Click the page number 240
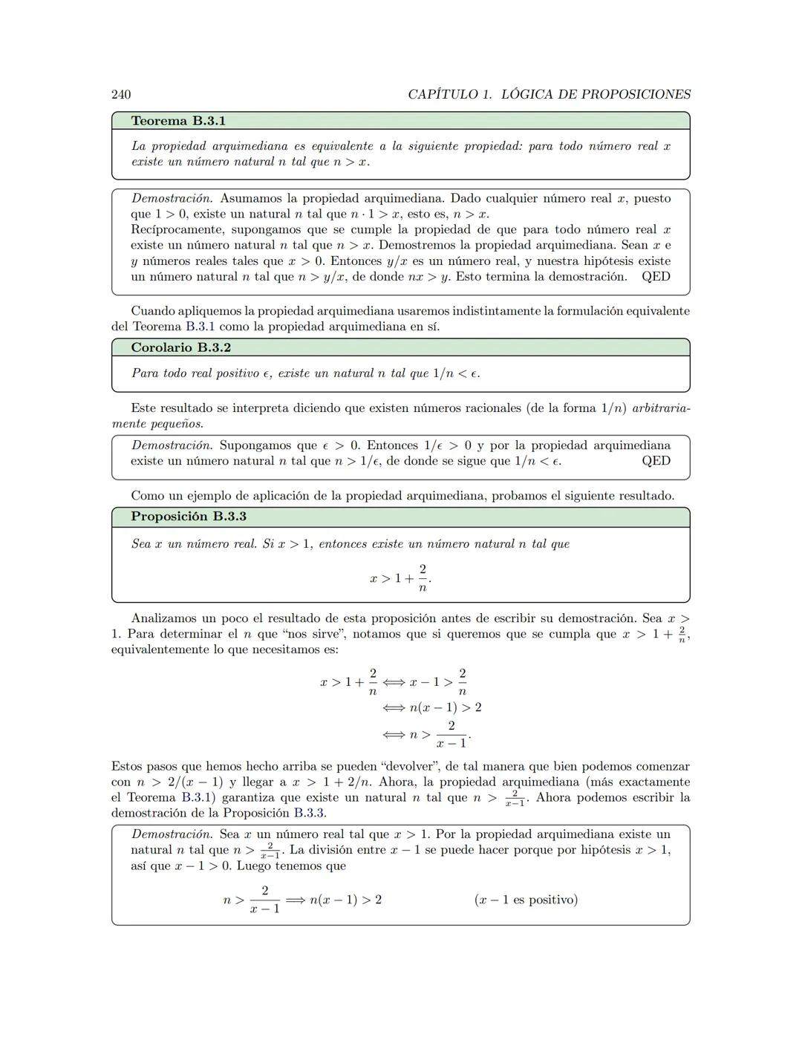[121, 94]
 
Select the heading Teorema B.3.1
[178, 120]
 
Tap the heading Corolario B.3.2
[180, 347]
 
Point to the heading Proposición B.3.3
[189, 516]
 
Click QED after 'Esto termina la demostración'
[656, 276]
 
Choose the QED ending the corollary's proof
[656, 461]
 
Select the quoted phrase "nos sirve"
[316, 634]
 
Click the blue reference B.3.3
[309, 813]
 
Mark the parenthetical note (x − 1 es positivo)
[526, 900]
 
